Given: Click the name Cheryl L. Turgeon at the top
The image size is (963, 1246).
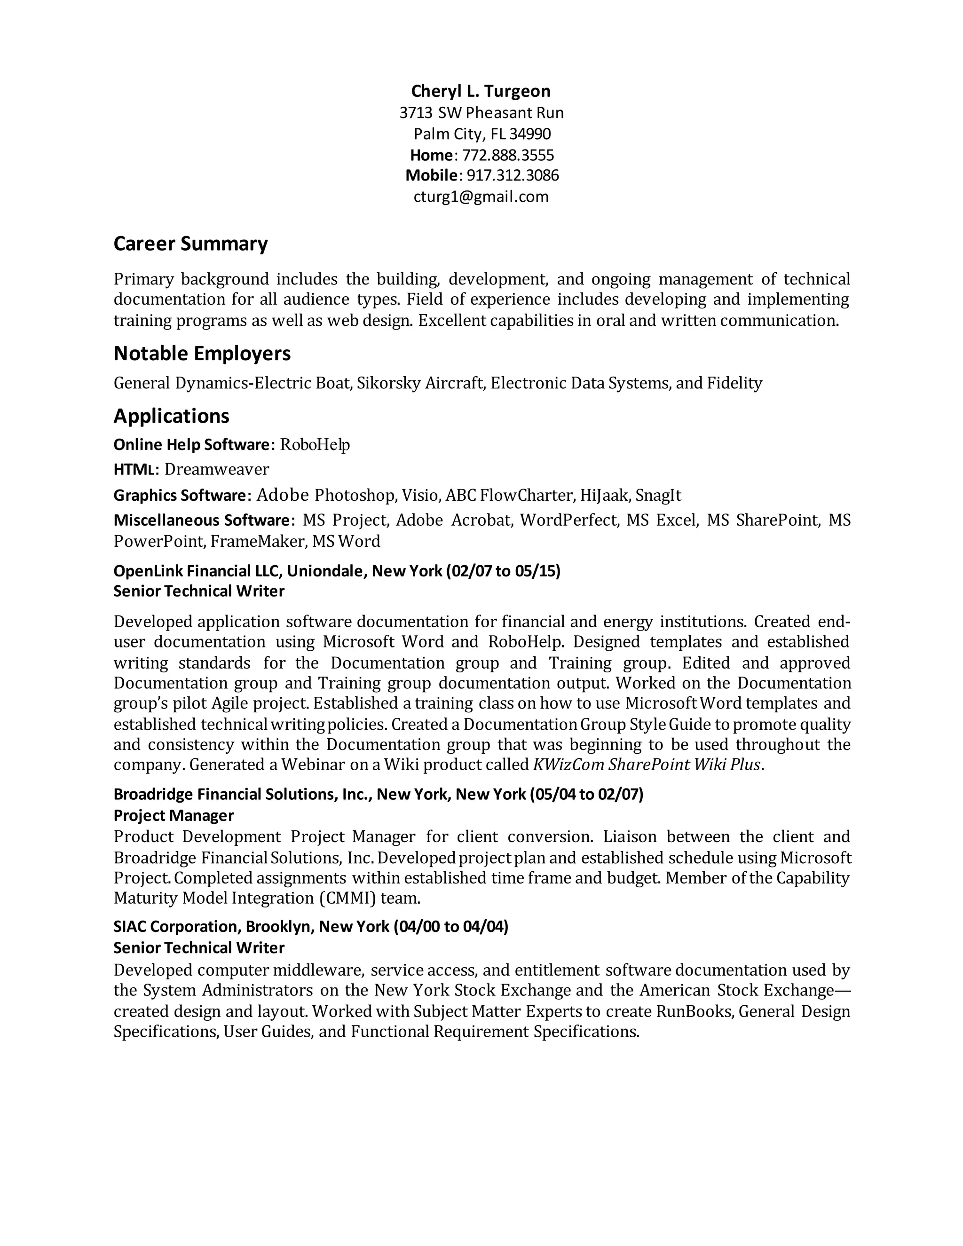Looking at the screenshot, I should pos(481,91).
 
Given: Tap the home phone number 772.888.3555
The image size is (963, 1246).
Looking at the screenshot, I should pos(508,155).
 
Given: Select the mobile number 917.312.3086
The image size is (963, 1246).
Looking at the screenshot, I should pos(513,175).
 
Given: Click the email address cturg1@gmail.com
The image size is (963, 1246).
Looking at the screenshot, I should pos(481,197).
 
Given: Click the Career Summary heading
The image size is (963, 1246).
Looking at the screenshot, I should pos(190,244).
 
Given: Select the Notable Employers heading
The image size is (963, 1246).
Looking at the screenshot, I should pos(202,354).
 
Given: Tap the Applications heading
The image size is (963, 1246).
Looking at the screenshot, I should pos(171,416).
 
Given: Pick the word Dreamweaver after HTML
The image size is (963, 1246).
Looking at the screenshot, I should pos(216,470).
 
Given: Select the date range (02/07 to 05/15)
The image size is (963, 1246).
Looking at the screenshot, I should pos(503,571).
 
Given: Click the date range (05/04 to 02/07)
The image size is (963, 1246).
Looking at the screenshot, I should pos(586,795).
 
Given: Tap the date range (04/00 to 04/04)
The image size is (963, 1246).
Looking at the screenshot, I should pos(450,927).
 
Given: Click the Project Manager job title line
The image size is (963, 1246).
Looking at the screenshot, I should pos(174,815).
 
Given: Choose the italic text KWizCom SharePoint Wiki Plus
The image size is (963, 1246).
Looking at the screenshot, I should pos(647,765).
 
